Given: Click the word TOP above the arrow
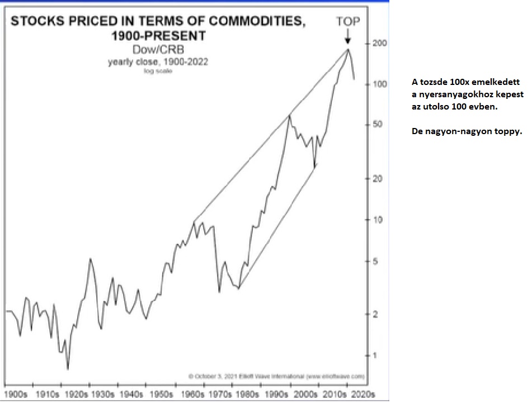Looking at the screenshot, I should coord(348,22).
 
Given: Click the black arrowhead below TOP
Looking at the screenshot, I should coord(347,40).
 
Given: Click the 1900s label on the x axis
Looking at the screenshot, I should coord(16,395).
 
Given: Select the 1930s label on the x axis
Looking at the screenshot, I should coord(103,395).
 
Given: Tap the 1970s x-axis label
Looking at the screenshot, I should coord(220,395).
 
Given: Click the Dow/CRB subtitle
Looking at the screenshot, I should coord(158,50).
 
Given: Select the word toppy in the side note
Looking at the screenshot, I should coord(503,132).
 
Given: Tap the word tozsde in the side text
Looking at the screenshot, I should coord(434,82).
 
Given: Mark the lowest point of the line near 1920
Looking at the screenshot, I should coord(68,369).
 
